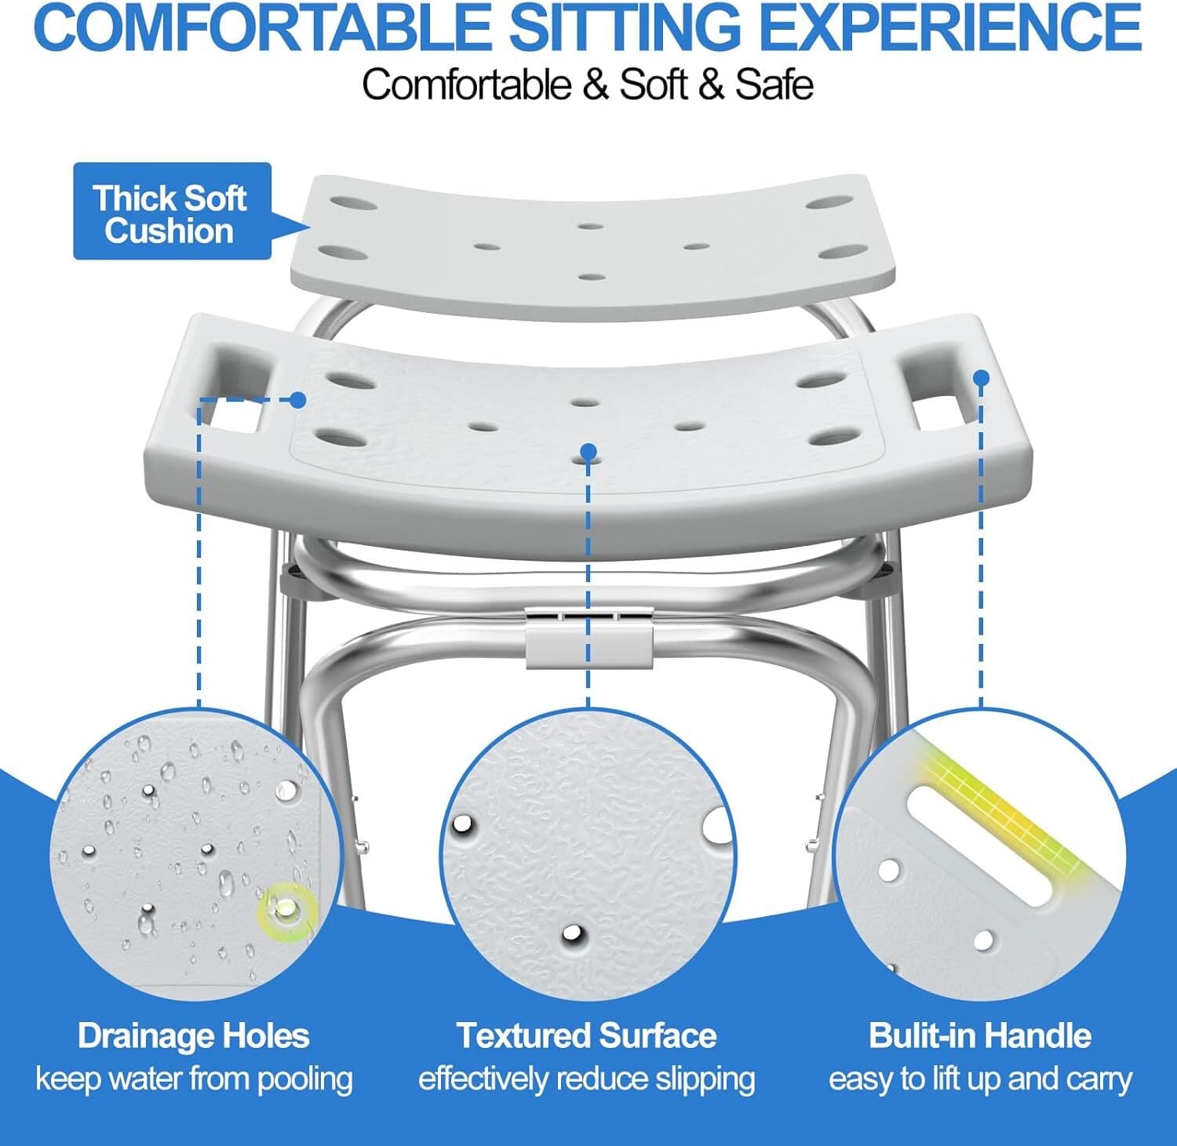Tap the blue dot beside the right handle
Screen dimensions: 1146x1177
[x=981, y=378]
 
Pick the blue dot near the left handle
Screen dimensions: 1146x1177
[x=297, y=399]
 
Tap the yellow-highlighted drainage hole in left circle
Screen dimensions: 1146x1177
[x=286, y=908]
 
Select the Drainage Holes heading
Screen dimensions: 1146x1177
[x=194, y=1036]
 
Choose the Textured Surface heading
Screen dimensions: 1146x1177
[x=587, y=1036]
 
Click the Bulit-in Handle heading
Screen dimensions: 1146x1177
[x=980, y=1036]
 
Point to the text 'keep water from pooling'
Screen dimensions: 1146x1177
[x=194, y=1079]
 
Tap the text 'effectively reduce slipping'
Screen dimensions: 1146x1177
[x=587, y=1079]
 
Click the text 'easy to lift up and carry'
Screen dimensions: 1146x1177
[x=980, y=1079]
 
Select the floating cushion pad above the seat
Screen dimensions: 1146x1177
[x=581, y=243]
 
